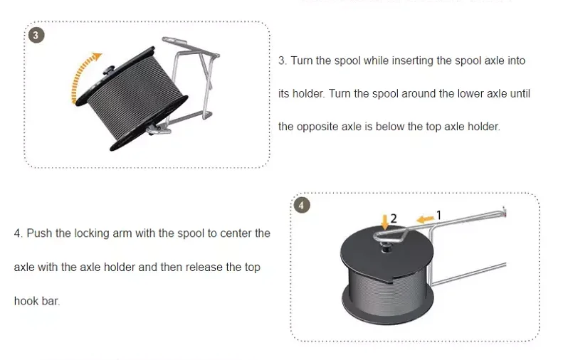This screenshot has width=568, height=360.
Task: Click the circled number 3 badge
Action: (36, 35)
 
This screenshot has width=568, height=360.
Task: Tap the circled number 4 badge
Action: (302, 206)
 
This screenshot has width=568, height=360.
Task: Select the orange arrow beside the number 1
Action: (425, 218)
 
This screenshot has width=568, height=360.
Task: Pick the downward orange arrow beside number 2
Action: (385, 222)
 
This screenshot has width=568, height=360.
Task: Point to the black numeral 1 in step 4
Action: (438, 216)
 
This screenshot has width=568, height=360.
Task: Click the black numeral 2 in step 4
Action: (394, 218)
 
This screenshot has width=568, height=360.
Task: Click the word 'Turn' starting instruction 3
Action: (302, 60)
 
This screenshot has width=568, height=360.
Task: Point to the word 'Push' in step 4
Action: (39, 233)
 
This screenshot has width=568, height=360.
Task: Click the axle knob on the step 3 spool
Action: (109, 70)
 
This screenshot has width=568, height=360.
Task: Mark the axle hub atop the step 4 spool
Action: (387, 248)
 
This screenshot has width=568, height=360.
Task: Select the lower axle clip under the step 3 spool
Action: (159, 129)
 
